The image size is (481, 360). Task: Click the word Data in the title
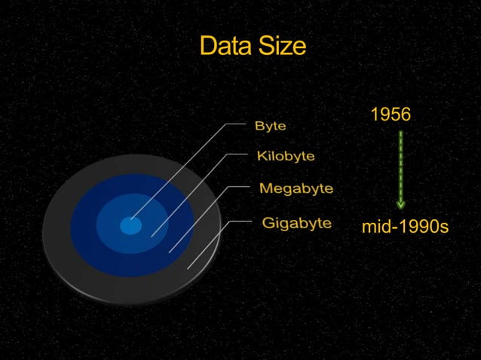click(224, 47)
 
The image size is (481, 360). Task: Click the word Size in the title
click(280, 47)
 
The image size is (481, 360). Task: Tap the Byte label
click(271, 127)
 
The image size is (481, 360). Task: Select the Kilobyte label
click(285, 157)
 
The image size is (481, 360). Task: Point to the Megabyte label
click(296, 188)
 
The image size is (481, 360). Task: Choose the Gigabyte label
click(296, 223)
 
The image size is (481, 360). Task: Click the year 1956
click(391, 114)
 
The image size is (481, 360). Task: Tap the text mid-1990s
click(405, 226)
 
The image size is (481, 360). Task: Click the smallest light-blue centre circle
click(130, 225)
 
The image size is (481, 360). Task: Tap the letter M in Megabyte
click(265, 188)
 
